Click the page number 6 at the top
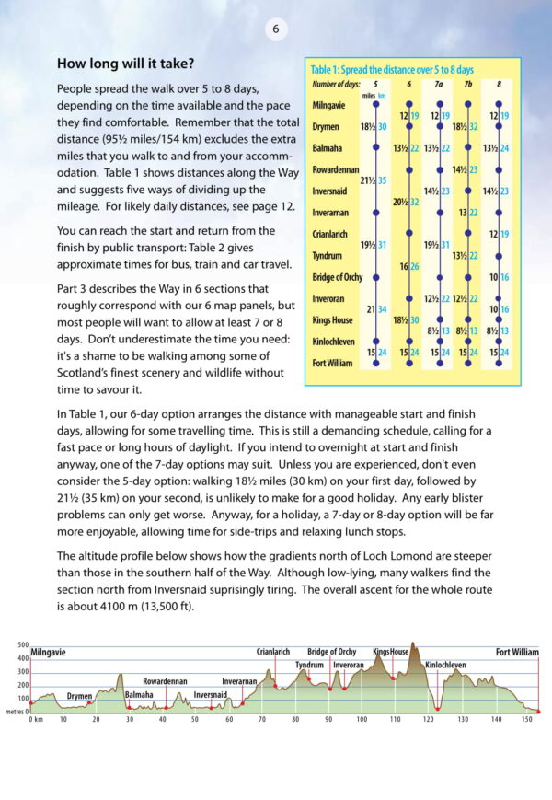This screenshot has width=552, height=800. pos(275,29)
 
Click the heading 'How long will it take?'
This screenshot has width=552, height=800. pos(126,64)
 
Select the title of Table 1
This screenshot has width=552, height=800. pos(392,70)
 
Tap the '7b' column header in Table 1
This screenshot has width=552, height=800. pos(466,85)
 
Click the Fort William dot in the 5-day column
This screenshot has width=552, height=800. pos(376,364)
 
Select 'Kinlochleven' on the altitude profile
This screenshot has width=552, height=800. pos(445,664)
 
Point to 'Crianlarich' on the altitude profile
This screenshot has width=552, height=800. pos(274,652)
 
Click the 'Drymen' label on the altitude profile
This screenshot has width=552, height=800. pos(79,697)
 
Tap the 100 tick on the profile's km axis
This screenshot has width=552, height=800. pos(362,720)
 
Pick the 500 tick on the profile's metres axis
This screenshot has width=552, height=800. pos(23,645)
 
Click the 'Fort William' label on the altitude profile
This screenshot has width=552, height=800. pos(517,652)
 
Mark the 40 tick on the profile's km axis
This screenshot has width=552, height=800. pos(163,720)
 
